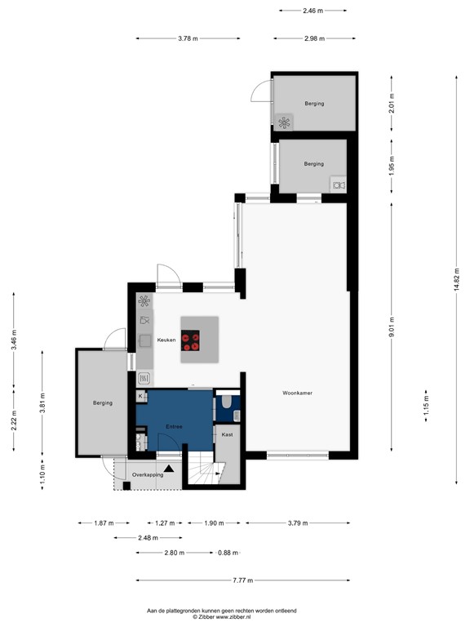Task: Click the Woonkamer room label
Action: (298, 393)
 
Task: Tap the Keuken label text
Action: (167, 340)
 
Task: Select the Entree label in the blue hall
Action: (172, 426)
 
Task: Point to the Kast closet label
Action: (228, 435)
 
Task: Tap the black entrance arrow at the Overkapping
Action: (169, 469)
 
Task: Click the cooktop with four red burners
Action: (192, 340)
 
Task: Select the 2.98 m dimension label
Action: (314, 38)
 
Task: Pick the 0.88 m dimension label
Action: (228, 553)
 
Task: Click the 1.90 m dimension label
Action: (216, 523)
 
